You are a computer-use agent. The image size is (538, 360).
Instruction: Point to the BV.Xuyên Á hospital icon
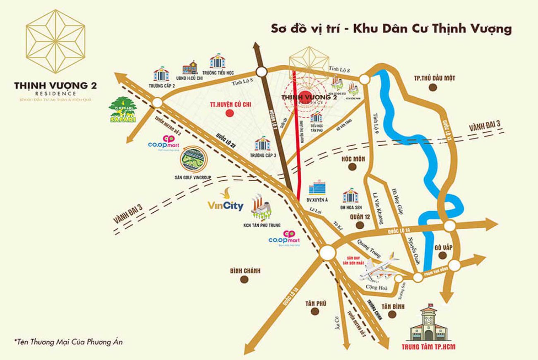[x=317, y=189]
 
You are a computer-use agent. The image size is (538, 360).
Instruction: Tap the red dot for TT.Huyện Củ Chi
[x=228, y=113]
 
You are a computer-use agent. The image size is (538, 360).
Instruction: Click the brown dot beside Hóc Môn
[x=352, y=167]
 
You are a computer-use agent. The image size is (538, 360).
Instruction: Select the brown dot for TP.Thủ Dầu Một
[x=433, y=87]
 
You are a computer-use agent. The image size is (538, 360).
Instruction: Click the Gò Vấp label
[x=442, y=247]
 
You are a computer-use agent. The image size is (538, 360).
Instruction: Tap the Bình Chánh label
[x=245, y=271]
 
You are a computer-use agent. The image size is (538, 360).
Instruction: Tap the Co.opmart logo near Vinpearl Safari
[x=165, y=143]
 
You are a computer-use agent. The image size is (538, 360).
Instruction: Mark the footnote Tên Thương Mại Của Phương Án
[x=68, y=342]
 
